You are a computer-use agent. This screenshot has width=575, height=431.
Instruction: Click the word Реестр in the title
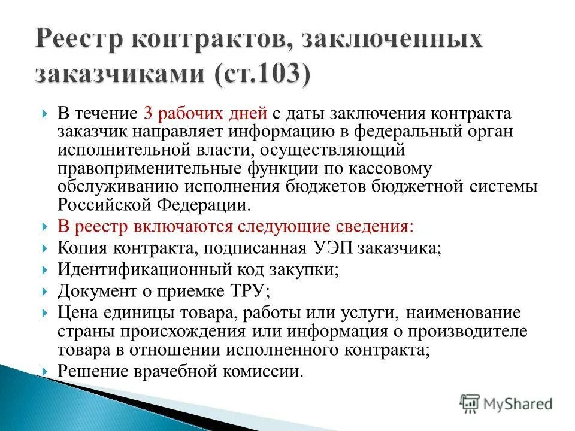coord(80,41)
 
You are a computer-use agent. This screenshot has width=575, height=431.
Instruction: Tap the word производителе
coord(476,331)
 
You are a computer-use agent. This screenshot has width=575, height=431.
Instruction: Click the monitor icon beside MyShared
coord(470,403)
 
